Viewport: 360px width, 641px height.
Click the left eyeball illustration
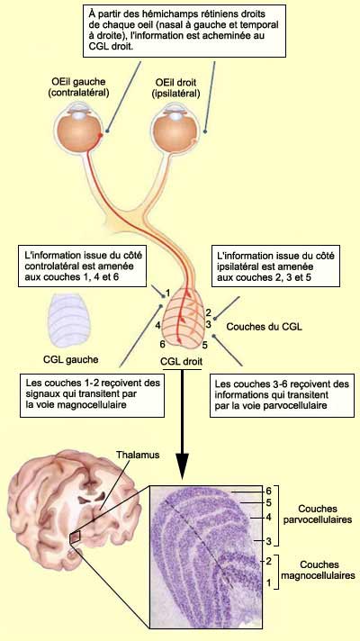click(78, 130)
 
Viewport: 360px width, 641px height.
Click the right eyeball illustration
click(175, 130)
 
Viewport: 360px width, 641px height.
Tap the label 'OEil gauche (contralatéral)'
click(79, 87)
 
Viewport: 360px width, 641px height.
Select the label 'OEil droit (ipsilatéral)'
click(175, 88)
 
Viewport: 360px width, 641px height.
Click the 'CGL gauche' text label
click(71, 360)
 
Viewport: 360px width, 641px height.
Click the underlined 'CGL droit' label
click(182, 362)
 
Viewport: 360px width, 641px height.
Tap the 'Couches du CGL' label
click(265, 327)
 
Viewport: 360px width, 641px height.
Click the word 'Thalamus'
click(138, 455)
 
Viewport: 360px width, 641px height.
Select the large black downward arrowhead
click(182, 465)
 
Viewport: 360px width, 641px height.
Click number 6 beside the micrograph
click(268, 490)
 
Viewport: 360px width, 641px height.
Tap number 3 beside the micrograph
click(268, 542)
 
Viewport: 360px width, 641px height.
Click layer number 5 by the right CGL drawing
click(204, 346)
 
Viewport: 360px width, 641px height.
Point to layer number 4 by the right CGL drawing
click(157, 325)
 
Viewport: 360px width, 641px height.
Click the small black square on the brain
click(76, 538)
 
